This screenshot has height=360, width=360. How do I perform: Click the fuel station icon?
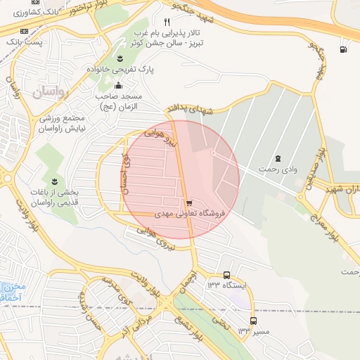342,49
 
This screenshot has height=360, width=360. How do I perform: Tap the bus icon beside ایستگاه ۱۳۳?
226,275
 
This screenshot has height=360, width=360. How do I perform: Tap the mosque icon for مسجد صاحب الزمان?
117,86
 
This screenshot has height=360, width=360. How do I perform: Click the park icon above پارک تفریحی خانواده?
119,58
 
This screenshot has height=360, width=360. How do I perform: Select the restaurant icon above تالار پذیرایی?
167,22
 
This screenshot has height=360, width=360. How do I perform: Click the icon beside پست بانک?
25,32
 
